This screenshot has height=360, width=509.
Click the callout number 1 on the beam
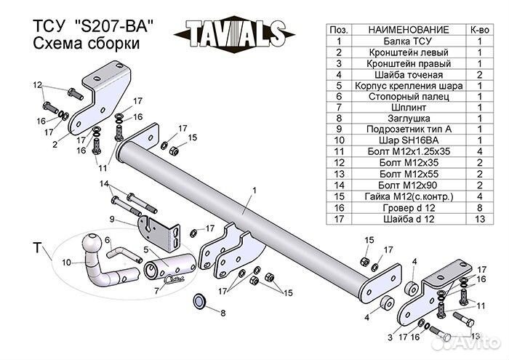pos(255,190)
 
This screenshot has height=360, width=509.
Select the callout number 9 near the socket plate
pos(113,218)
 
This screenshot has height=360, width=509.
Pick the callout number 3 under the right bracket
pos(390,337)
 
